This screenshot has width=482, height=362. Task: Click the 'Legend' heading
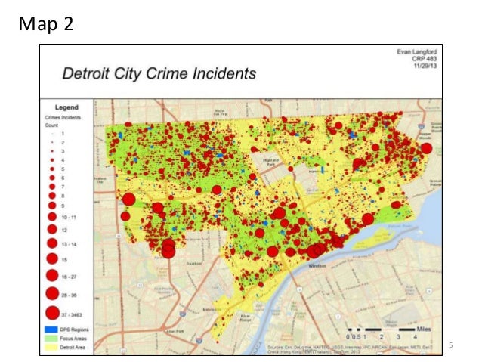click(67, 108)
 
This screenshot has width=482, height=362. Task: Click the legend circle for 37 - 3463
click(52, 312)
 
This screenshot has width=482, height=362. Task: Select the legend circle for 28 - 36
click(52, 293)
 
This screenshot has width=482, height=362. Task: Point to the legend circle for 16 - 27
click(52, 275)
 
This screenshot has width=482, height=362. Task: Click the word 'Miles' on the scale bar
click(427, 330)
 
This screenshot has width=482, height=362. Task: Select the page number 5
click(450, 345)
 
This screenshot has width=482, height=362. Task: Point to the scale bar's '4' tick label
click(415, 336)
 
